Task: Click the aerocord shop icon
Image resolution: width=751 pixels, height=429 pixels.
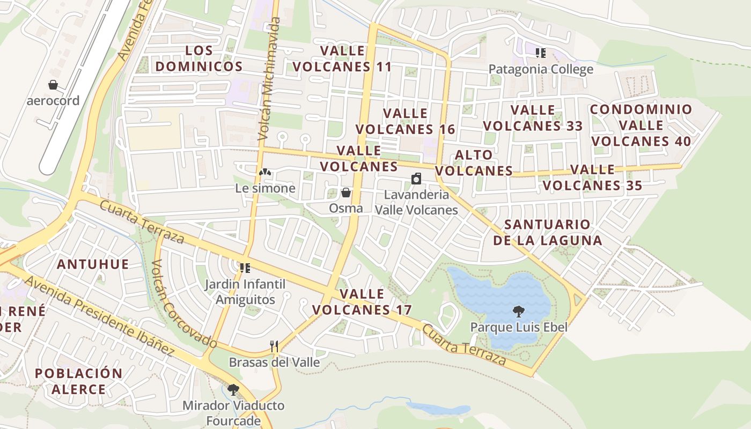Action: coord(53,85)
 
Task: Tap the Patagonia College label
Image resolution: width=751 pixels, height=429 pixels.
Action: coord(541,69)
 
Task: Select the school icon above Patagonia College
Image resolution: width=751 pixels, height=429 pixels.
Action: coord(541,53)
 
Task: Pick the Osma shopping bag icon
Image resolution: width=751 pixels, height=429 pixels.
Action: coord(346,192)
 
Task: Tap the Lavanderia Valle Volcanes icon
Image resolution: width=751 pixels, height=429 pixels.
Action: coord(416,179)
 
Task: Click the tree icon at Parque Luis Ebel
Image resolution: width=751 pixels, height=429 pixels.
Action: coord(518,310)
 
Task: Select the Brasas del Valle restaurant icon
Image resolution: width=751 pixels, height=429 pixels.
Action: coord(274,346)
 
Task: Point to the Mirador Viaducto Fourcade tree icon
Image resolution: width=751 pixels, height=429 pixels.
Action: coord(233,389)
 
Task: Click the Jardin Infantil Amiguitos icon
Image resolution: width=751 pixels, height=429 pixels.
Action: coord(245,267)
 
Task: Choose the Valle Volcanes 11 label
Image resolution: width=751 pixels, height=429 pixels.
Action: coord(342,58)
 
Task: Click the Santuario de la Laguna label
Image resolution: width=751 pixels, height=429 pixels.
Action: coord(547,232)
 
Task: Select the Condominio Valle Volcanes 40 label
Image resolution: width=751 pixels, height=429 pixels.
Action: coord(641,125)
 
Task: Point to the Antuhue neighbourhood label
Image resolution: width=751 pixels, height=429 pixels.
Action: coord(93,264)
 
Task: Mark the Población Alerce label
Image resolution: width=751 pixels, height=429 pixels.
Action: coord(79,381)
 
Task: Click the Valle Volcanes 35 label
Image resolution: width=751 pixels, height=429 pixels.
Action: coord(592,177)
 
